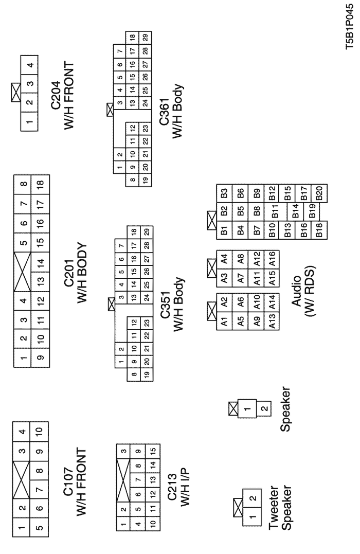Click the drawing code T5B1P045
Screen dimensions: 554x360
pos(352,31)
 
